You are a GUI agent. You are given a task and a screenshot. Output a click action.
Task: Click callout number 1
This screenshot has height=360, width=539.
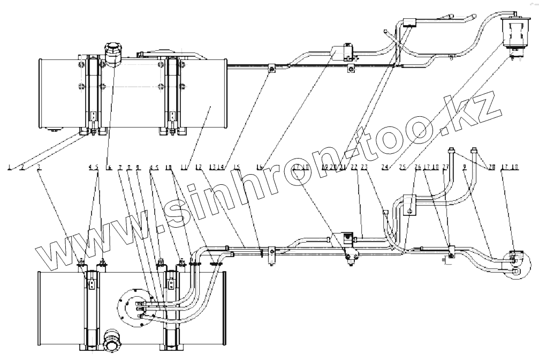pos(10,168)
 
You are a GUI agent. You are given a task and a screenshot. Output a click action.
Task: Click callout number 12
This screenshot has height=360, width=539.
pos(199,168)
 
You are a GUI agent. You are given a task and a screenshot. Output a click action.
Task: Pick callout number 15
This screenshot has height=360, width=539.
pos(237,168)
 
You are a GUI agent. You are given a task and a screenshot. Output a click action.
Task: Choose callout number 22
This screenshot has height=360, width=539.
pos(354,168)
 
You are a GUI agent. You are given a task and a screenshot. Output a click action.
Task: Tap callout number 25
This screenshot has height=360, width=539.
pos(402,168)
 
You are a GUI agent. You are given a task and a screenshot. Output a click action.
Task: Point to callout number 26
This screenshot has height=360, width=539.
pos(419,168)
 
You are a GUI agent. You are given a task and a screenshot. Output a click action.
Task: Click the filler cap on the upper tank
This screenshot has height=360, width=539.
pos(111,50)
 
